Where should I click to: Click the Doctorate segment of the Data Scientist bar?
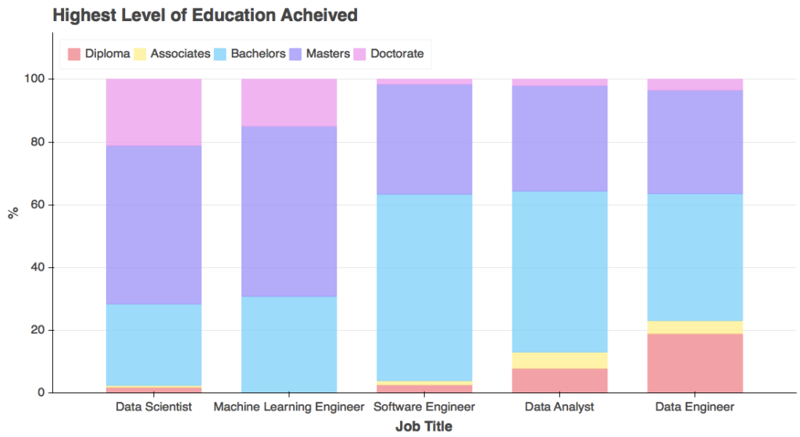point(153,112)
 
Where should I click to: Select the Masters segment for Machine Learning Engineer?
point(289,211)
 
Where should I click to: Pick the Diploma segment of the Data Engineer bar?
point(695,363)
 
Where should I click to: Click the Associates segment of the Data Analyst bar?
point(559,360)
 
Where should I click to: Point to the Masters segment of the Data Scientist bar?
point(153,224)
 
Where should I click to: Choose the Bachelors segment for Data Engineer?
point(695,257)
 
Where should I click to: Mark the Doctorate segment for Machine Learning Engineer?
point(289,102)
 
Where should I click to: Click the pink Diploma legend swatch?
point(74,54)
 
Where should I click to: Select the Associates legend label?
point(180,54)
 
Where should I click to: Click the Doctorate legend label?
point(397,54)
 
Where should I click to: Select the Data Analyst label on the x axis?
point(559,407)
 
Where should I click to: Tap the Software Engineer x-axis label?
point(424,407)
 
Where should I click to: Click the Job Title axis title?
point(423,426)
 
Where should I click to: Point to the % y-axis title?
point(12,213)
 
